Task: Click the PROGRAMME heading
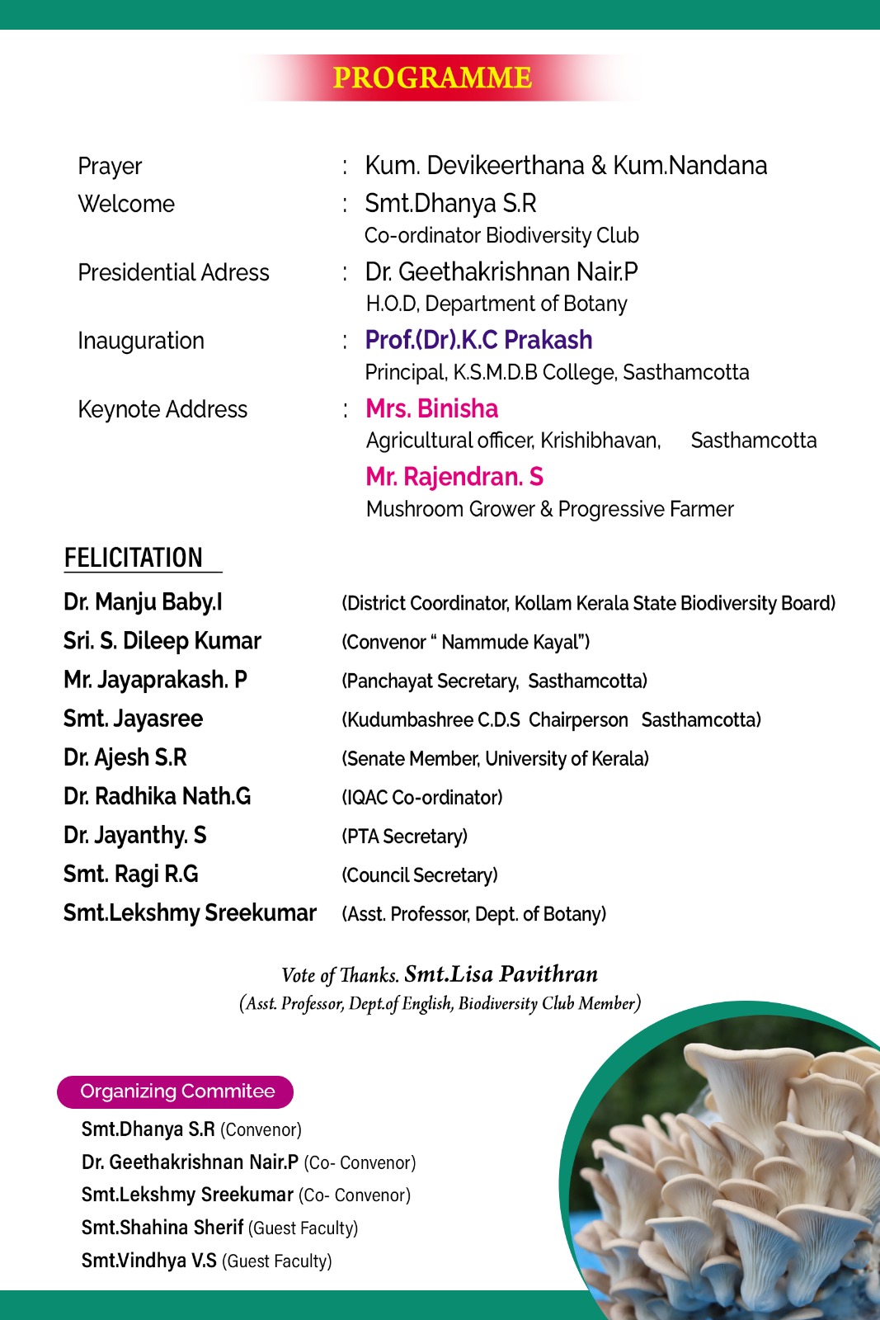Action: tap(432, 78)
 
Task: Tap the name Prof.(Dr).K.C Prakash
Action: tap(478, 340)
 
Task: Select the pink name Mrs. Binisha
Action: tap(431, 408)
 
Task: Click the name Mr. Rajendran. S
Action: tap(454, 477)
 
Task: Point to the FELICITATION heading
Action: tap(134, 558)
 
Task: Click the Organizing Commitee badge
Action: tap(176, 1091)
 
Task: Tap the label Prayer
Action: tap(110, 167)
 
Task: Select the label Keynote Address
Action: tap(162, 409)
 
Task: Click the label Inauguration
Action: tap(141, 341)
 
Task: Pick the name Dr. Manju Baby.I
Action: tap(143, 602)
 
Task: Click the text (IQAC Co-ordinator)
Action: tap(422, 798)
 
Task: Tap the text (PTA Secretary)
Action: tap(405, 837)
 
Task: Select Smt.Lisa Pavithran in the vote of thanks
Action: tap(501, 974)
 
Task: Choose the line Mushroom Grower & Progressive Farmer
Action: tap(549, 509)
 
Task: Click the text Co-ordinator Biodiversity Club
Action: tap(501, 236)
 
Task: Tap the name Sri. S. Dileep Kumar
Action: tap(162, 641)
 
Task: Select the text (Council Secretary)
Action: tap(420, 875)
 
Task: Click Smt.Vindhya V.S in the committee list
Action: tap(149, 1261)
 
